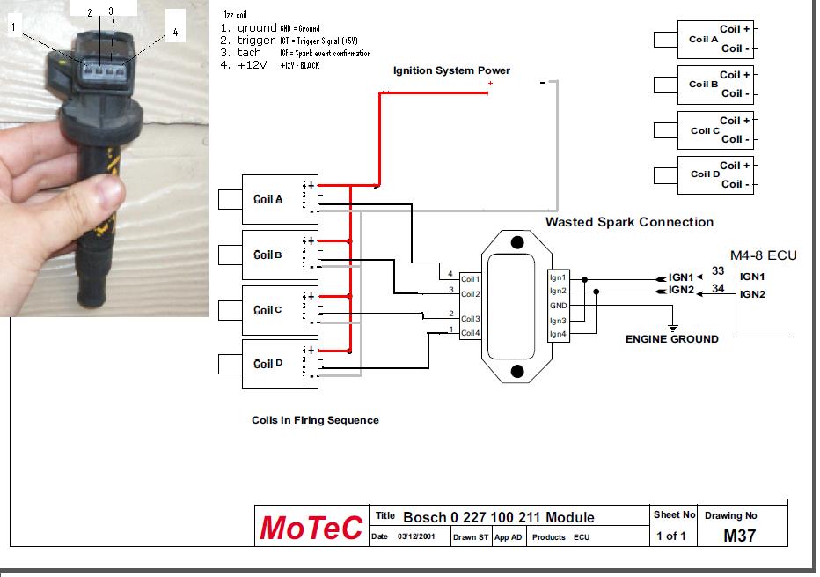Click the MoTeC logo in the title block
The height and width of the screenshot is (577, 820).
tap(310, 528)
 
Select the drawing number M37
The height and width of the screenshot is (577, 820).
tap(739, 535)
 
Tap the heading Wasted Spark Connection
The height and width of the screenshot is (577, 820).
tap(629, 222)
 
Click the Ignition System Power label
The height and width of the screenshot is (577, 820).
tap(451, 70)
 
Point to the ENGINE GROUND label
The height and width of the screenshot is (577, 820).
tap(671, 338)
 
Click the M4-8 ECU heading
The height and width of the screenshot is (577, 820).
tap(763, 255)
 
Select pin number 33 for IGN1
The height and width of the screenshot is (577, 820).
tap(718, 272)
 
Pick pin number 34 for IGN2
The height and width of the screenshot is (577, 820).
tap(718, 288)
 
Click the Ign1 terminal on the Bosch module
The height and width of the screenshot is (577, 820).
tap(558, 278)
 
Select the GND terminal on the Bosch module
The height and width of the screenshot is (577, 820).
tap(558, 306)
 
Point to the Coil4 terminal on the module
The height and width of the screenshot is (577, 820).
tap(470, 333)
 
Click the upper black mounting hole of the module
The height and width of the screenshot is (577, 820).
tap(518, 242)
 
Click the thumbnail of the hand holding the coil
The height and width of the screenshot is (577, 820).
tap(104, 159)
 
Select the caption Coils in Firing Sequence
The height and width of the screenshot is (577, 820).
tap(315, 420)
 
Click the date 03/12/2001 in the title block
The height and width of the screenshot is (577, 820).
tap(417, 536)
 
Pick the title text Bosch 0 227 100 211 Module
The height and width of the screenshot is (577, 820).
tap(498, 517)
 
